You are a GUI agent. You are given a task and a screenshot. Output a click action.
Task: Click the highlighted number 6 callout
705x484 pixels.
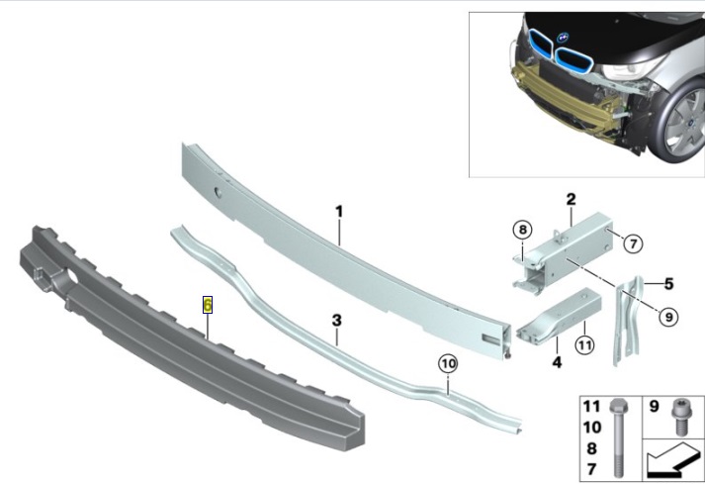[208, 305]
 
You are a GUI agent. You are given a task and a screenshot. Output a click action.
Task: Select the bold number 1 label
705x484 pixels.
[339, 211]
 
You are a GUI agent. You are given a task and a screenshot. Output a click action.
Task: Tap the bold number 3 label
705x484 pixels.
[337, 321]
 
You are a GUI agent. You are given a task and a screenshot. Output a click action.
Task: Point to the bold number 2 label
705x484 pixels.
[571, 199]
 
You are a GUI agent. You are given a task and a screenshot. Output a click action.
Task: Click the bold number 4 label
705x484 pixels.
[557, 361]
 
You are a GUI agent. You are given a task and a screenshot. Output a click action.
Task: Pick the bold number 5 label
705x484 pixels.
[668, 284]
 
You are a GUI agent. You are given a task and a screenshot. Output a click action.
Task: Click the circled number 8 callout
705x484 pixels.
[522, 230]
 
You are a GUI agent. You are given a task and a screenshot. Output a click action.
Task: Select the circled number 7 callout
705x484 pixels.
[633, 244]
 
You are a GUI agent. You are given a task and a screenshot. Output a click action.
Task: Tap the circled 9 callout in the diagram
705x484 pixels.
[668, 317]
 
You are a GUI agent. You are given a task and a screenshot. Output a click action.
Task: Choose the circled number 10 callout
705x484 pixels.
[448, 364]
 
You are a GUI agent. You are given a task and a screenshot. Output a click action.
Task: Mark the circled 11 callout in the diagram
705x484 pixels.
[584, 345]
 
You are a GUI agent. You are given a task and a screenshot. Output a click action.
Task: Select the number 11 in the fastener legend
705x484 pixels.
[591, 406]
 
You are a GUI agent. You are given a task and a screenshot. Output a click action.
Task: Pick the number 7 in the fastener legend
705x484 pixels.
[591, 469]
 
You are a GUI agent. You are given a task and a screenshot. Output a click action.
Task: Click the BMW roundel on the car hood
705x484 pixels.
[563, 38]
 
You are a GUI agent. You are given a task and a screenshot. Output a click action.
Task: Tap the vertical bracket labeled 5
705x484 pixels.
[627, 320]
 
